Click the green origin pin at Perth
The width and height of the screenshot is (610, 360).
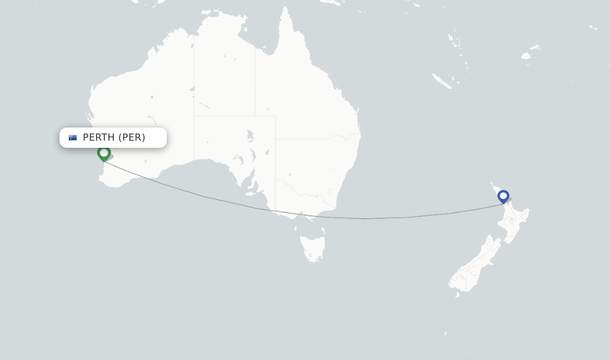[x=104, y=153]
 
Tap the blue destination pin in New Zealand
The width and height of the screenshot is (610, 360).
[x=503, y=195]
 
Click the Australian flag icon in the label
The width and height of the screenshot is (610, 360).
[x=73, y=138]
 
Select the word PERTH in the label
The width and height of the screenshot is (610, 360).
[x=98, y=138]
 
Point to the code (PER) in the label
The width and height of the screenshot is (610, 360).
[x=132, y=138]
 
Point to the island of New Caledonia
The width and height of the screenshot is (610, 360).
[x=441, y=80]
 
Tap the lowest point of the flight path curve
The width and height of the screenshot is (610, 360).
[x=365, y=219]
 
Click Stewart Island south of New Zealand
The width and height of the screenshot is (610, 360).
[x=457, y=294]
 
